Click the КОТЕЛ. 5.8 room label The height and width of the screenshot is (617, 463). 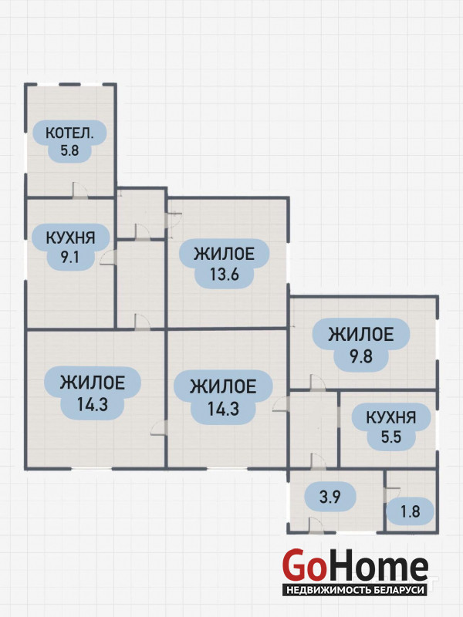70,141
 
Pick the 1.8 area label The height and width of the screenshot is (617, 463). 409,511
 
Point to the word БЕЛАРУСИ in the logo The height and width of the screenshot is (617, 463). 400,589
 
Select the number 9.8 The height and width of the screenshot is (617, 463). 360,356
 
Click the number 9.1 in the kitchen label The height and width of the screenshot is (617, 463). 70,258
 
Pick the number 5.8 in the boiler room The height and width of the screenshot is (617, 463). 70,151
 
